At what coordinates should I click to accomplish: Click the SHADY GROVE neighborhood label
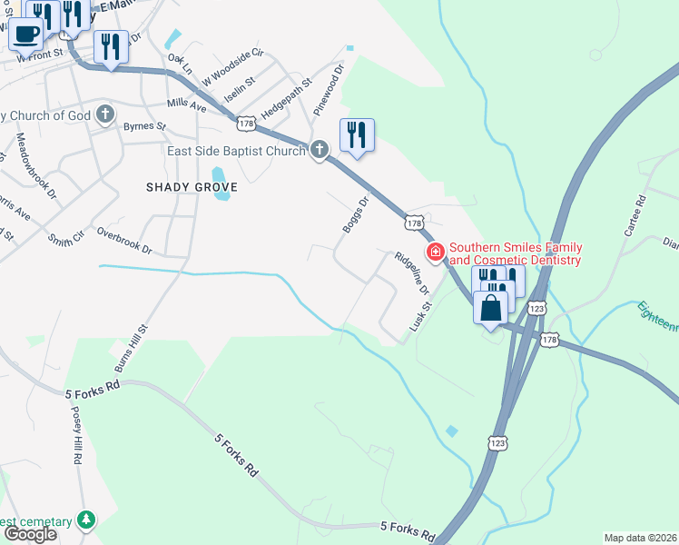pos(192,187)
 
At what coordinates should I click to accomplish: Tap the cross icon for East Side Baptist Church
pos(319,150)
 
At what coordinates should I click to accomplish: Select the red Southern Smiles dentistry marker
pos(436,253)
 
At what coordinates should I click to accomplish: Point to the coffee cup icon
pos(26,34)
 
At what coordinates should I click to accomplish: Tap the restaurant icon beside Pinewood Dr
pos(357,135)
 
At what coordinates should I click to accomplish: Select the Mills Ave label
pos(187,104)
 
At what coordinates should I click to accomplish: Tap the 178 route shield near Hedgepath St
pos(245,121)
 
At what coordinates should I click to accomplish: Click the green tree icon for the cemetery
pos(87,520)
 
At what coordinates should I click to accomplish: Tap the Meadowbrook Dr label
pos(36,168)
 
